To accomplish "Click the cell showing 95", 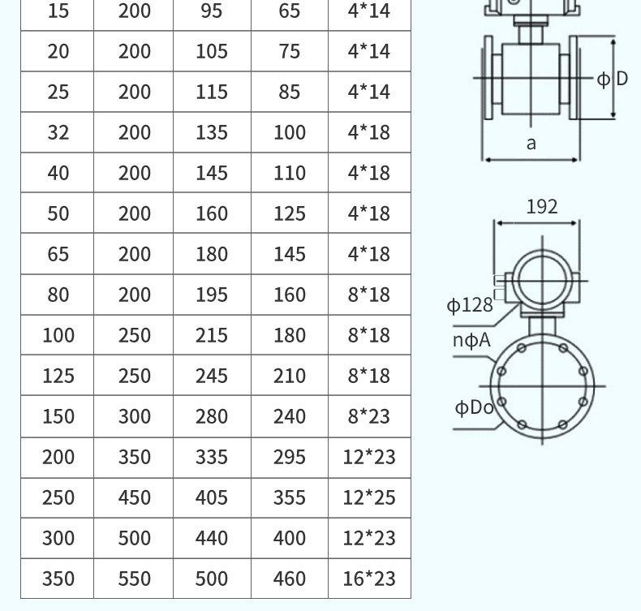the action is pos(212,11).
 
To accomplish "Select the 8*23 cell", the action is pos(369,416).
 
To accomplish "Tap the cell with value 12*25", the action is pos(369,497).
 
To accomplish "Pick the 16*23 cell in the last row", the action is pos(369,579).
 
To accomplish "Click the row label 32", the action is pos(58,132).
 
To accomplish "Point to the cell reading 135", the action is pos(212,132).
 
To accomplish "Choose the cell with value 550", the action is pos(134,579).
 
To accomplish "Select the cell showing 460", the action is pos(290,579).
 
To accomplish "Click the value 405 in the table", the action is pos(212,497).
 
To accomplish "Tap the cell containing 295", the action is pos(290,457).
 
